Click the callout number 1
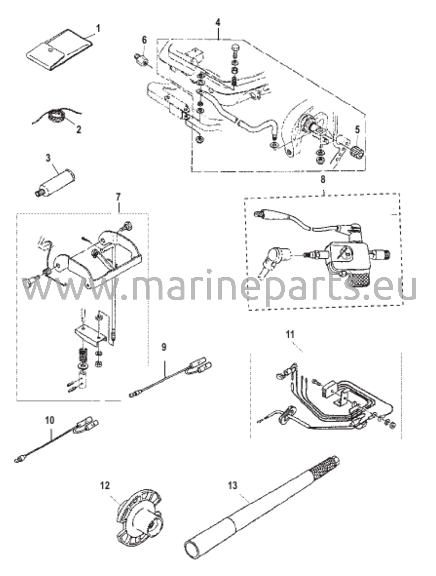pos(98,29)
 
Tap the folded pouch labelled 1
pos(59,50)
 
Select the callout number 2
pos(78,130)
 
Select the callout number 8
pos(323,179)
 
